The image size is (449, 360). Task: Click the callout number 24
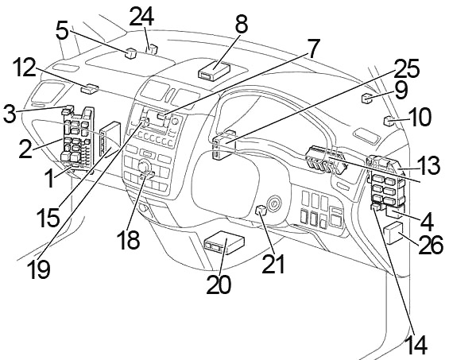pyautogui.click(x=142, y=17)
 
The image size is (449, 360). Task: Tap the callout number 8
pyautogui.click(x=242, y=24)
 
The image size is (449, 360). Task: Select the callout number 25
pyautogui.click(x=406, y=68)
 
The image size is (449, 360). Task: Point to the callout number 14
pyautogui.click(x=417, y=345)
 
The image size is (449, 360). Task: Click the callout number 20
pyautogui.click(x=219, y=285)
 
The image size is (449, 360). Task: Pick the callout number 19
pyautogui.click(x=38, y=269)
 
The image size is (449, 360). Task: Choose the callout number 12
pyautogui.click(x=25, y=68)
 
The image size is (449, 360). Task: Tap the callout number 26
pyautogui.click(x=431, y=245)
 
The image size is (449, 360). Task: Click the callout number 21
pyautogui.click(x=273, y=264)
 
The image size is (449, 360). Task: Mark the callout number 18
pyautogui.click(x=128, y=239)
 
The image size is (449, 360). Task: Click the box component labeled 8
pyautogui.click(x=215, y=71)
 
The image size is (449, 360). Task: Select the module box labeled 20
pyautogui.click(x=224, y=242)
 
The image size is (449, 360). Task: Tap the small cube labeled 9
pyautogui.click(x=366, y=98)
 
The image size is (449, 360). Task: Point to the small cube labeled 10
pyautogui.click(x=389, y=121)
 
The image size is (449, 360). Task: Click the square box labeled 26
pyautogui.click(x=393, y=233)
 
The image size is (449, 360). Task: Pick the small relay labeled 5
pyautogui.click(x=130, y=53)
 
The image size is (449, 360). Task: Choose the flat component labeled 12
pyautogui.click(x=89, y=88)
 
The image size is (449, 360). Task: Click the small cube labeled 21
pyautogui.click(x=261, y=211)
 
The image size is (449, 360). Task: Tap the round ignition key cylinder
pyautogui.click(x=275, y=204)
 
